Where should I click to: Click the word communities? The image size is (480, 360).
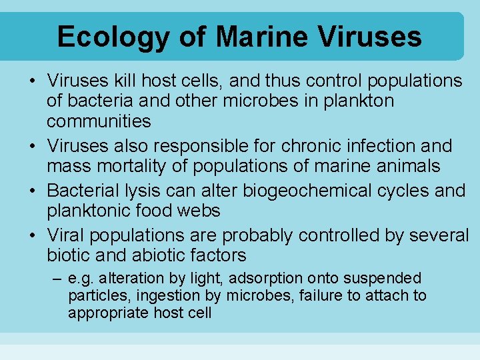coord(99,121)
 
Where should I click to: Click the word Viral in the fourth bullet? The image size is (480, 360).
coord(66,235)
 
